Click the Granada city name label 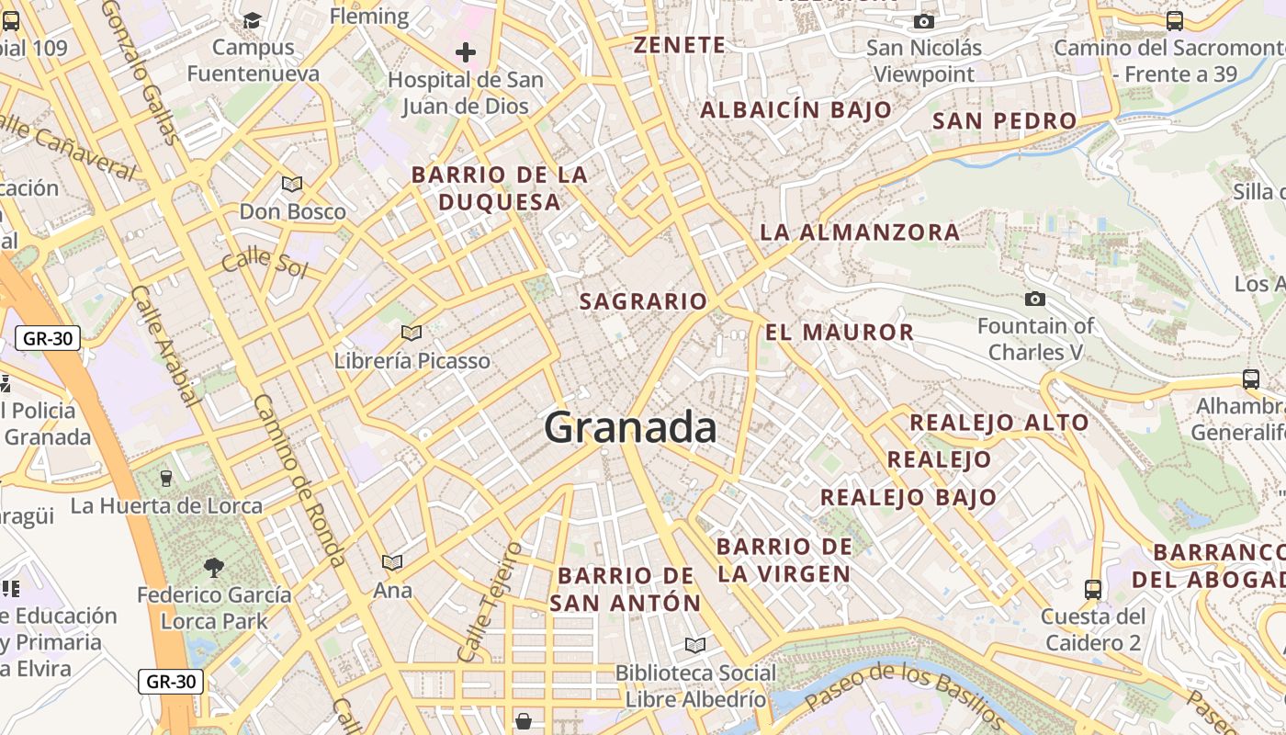point(630,428)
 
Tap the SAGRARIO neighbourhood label point(643,301)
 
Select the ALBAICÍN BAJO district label point(795,110)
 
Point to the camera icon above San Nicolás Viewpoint point(924,21)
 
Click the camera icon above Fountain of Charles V point(1035,299)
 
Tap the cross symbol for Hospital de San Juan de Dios point(466,52)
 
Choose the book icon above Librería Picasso point(412,333)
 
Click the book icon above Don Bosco point(292,184)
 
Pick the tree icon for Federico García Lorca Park point(214,568)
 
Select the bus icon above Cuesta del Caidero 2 point(1093,589)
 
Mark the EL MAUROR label point(840,333)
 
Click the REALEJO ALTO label point(998,423)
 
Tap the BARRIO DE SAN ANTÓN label point(626,590)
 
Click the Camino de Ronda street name point(300,481)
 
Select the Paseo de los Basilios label point(905,695)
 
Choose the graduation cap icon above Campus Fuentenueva point(253,19)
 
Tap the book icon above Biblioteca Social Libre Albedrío point(695,646)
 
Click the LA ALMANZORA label point(860,232)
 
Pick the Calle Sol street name point(265,261)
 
